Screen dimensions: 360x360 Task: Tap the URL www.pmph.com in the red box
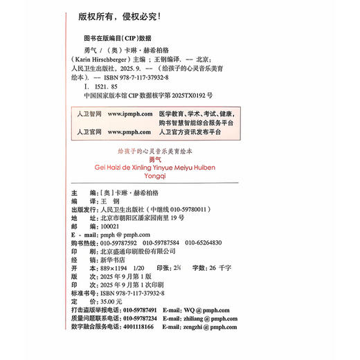point(129,131)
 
